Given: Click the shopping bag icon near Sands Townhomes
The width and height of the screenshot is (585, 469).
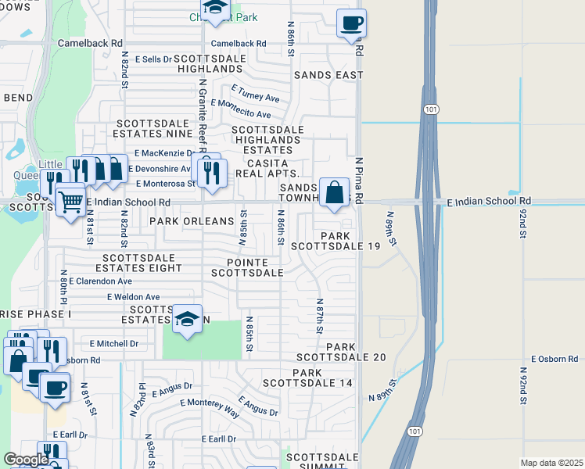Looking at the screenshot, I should coord(334,192).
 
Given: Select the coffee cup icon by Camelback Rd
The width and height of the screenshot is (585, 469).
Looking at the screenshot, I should coord(351,23).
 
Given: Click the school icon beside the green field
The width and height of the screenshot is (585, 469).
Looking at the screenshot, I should coord(187,320).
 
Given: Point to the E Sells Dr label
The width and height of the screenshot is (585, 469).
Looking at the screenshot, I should coord(153,59).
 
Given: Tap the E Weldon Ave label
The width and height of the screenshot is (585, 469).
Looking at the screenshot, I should coord(133,297).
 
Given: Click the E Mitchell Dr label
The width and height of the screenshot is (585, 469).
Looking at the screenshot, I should coord(113,343).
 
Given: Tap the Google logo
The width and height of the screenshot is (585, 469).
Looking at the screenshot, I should coord(26,460).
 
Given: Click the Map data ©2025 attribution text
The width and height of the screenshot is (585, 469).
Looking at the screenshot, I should coord(551,463).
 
